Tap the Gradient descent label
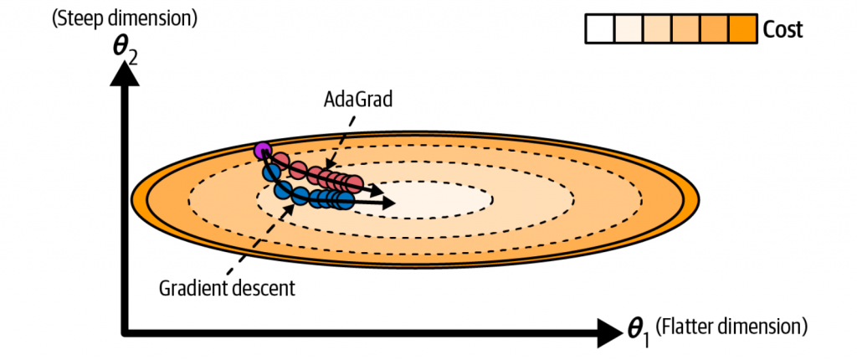[x=226, y=290]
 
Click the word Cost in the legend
[x=783, y=31]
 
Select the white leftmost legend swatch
[x=598, y=31]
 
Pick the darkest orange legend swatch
[x=743, y=31]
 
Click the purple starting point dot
[x=263, y=151]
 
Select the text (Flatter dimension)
[x=731, y=324]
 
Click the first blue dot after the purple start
[x=270, y=171]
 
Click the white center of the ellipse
[x=435, y=199]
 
